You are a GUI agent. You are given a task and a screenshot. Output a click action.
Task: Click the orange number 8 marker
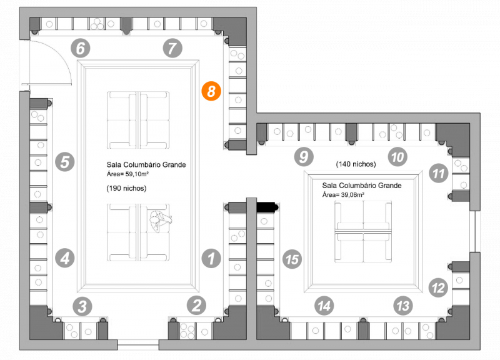(211, 91)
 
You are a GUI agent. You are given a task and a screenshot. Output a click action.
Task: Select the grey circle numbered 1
(211, 257)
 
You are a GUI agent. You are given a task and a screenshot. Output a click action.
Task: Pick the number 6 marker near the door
(81, 47)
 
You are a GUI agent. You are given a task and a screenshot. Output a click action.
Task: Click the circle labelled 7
(172, 47)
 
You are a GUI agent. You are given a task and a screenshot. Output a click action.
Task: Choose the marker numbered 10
(396, 156)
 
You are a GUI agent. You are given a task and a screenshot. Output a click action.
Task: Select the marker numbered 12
(439, 288)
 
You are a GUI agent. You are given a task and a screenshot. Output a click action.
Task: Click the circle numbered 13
(404, 306)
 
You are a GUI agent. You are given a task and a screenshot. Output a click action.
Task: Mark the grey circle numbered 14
(323, 306)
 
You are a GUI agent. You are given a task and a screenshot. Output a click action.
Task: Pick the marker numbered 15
(292, 259)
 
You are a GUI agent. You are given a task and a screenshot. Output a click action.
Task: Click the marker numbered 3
(82, 306)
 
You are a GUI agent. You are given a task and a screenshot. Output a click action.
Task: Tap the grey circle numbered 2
(196, 306)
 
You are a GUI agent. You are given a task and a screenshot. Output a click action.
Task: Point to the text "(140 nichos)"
(356, 164)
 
